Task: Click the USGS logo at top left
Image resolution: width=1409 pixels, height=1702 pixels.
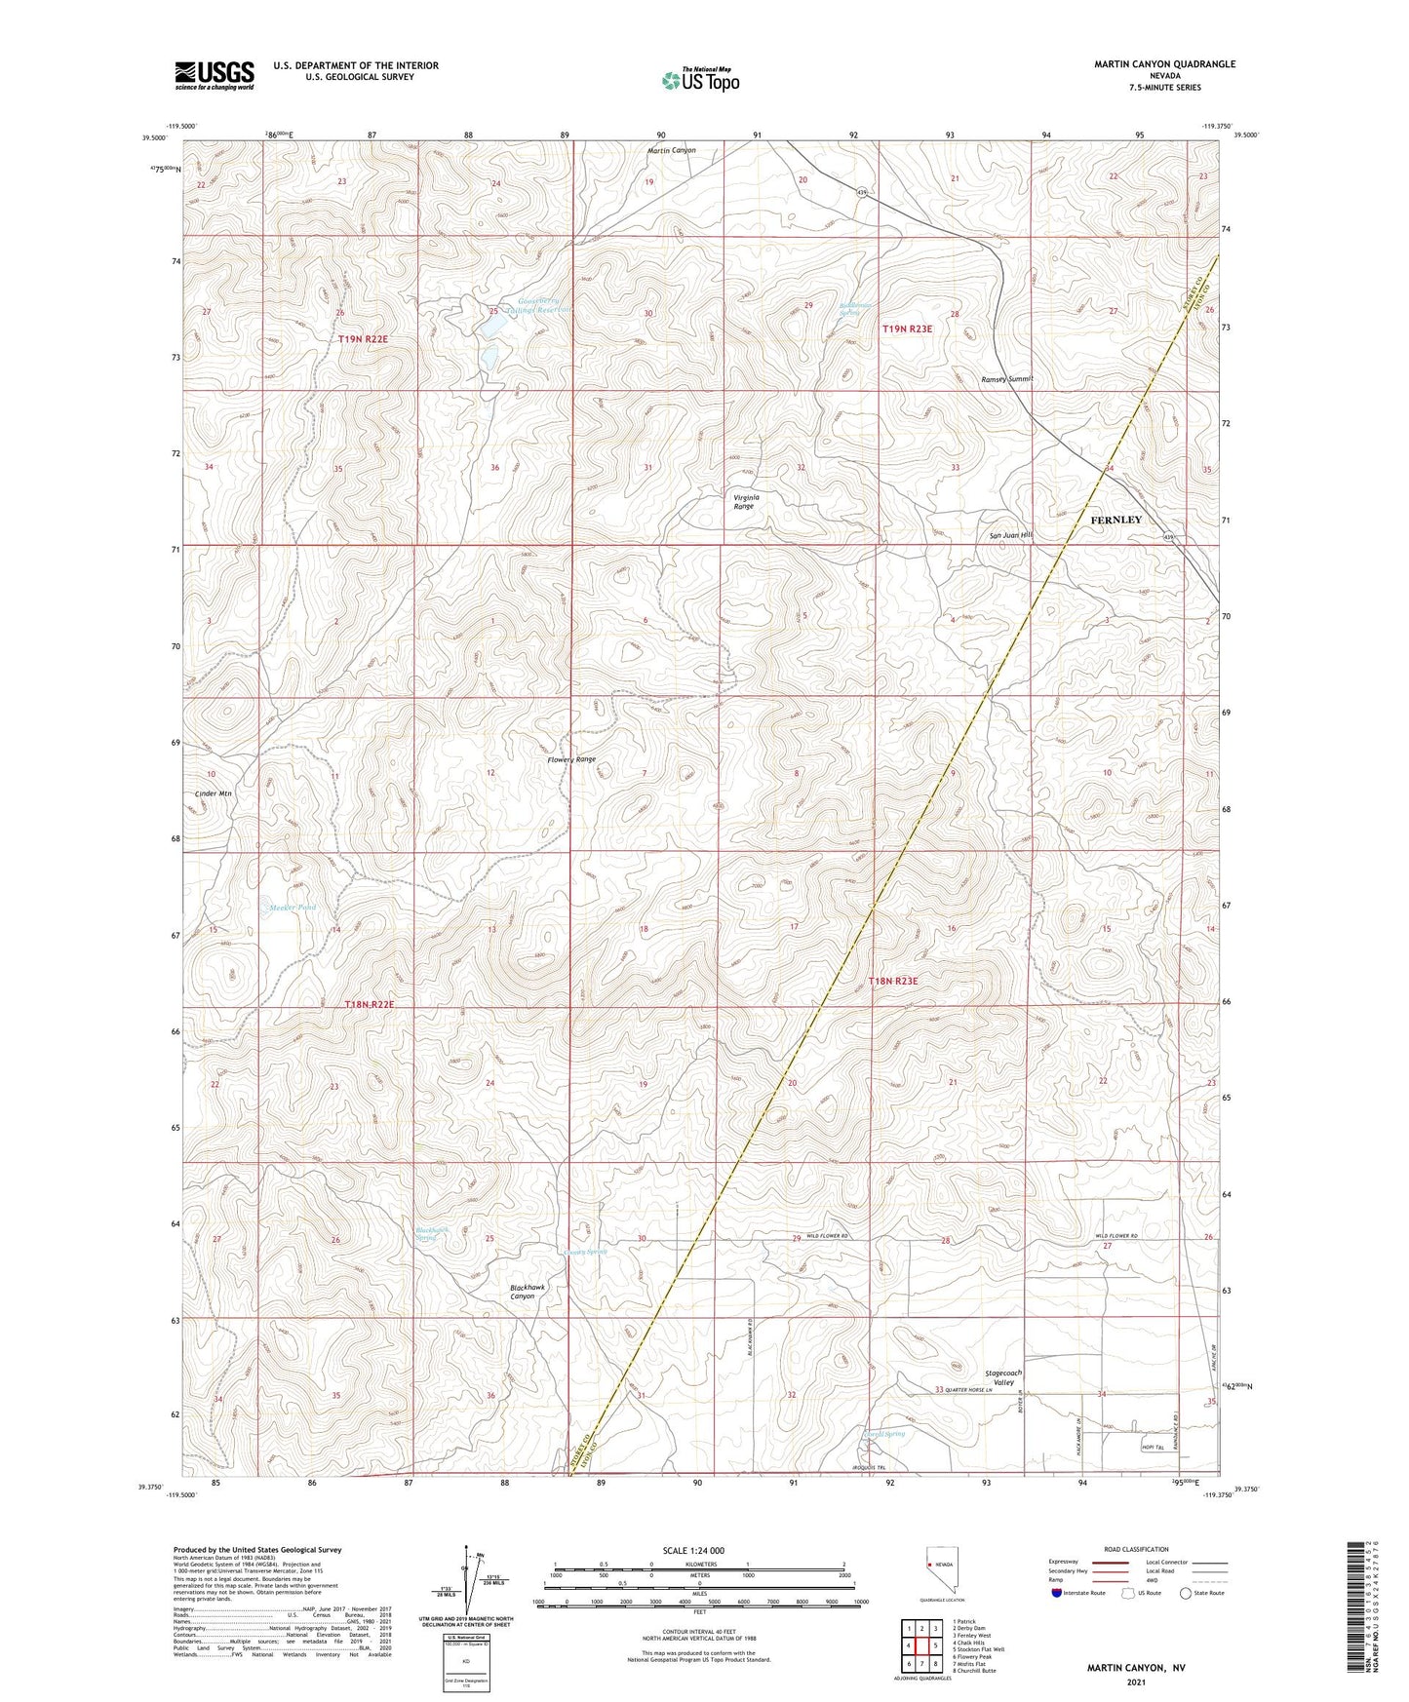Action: (215, 75)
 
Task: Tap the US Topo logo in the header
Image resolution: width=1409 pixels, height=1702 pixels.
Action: (699, 80)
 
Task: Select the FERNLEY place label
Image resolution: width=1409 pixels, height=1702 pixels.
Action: (1115, 520)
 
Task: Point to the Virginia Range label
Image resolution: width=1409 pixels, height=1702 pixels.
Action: (744, 501)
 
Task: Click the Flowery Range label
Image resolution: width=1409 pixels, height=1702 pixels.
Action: (571, 759)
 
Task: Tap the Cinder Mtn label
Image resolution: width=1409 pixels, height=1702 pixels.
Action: (214, 793)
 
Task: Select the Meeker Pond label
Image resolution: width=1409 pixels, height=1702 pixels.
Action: (292, 908)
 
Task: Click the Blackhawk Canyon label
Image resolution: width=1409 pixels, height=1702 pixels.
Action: (528, 1292)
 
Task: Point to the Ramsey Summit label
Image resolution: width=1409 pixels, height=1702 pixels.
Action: (1006, 379)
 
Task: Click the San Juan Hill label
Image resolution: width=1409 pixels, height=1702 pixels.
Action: (1010, 535)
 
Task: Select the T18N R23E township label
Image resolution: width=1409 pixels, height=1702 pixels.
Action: (893, 981)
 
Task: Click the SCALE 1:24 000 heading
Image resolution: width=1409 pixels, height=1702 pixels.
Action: (693, 1550)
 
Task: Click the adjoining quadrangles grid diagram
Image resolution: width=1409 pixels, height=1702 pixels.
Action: (921, 1646)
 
